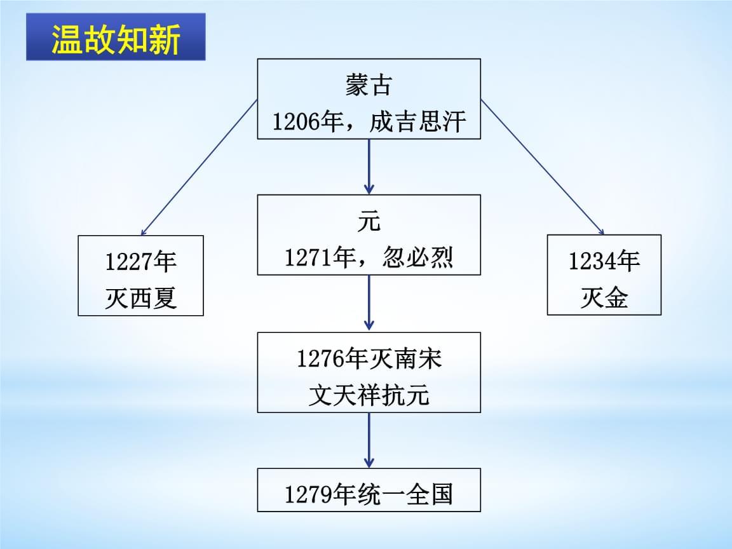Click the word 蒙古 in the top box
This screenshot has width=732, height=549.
click(368, 85)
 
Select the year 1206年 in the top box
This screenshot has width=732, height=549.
click(308, 121)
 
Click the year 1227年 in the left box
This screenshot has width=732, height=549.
click(140, 261)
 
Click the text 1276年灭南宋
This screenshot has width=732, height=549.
click(369, 360)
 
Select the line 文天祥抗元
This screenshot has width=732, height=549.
click(369, 395)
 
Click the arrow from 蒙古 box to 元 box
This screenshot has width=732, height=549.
click(369, 166)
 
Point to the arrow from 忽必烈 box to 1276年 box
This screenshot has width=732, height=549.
click(369, 303)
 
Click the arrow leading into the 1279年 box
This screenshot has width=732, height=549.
click(369, 440)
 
